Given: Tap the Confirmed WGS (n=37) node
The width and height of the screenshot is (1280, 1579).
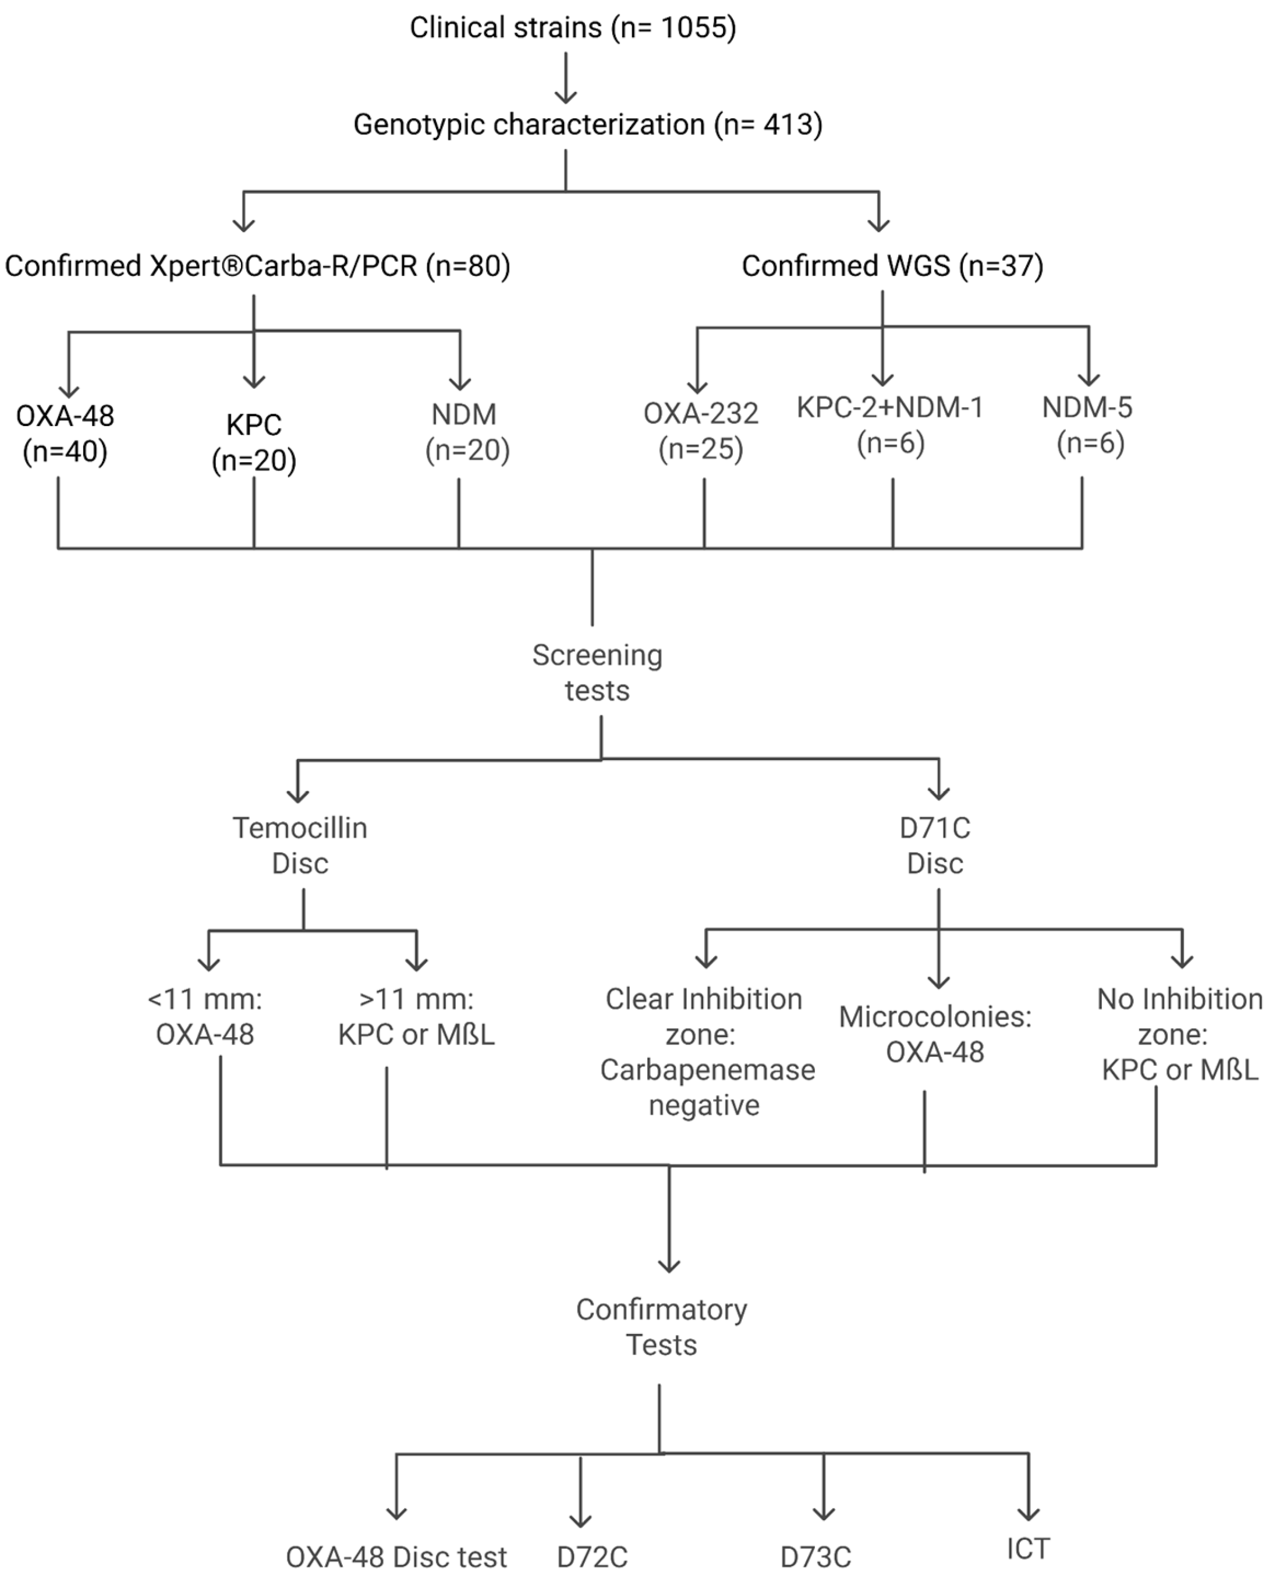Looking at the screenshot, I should tap(892, 266).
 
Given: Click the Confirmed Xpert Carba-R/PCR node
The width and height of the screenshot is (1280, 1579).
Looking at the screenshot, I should tap(257, 266).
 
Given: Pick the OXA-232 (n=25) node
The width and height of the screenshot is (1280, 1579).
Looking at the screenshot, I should tap(700, 431).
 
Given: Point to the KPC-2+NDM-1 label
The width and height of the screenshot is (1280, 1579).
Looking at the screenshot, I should tap(890, 407).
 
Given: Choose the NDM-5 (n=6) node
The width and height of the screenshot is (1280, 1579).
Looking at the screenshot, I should tap(1087, 425).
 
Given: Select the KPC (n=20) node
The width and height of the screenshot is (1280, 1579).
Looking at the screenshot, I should tap(254, 442).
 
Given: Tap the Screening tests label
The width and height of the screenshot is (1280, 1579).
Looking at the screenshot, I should tap(597, 672).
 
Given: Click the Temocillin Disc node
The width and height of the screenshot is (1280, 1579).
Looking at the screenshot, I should tap(300, 846).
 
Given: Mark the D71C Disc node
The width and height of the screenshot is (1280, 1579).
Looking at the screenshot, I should tap(935, 846).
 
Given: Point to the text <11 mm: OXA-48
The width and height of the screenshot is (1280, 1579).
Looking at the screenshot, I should tap(205, 1017).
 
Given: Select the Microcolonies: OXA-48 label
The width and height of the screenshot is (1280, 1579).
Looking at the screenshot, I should tap(935, 1034).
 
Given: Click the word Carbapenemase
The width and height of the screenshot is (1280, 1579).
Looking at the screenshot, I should tap(707, 1070).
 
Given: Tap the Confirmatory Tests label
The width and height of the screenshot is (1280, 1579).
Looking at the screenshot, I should tap(661, 1327).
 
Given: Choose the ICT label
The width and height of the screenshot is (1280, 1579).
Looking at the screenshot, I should tap(1028, 1548).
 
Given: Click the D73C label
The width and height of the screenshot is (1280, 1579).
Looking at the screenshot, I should tap(815, 1557).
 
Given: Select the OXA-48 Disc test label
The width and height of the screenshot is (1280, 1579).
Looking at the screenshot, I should tap(396, 1557).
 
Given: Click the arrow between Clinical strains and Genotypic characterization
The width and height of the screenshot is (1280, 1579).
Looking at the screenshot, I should tap(566, 77).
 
